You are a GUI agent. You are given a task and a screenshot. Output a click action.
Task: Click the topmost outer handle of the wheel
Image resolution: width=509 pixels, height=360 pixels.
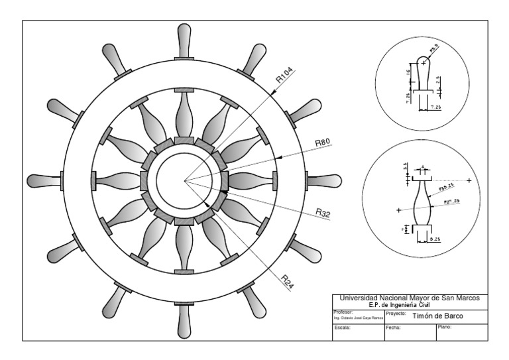[184, 39]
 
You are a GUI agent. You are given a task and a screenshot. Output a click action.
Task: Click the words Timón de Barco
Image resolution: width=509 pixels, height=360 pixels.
[438, 316]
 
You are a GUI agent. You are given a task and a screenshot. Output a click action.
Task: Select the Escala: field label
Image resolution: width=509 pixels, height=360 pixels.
[342, 328]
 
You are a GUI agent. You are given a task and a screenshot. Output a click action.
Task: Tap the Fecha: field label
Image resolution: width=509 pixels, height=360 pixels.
[394, 328]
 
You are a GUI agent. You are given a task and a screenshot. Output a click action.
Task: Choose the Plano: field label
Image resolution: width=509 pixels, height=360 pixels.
[445, 328]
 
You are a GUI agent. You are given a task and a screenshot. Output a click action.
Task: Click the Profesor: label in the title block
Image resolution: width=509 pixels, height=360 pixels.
[344, 312]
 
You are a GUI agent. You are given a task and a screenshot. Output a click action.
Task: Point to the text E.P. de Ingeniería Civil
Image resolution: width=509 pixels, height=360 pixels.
[408, 304]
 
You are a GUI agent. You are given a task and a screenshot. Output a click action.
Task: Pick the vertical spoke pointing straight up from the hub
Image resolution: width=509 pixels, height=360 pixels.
[184, 113]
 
